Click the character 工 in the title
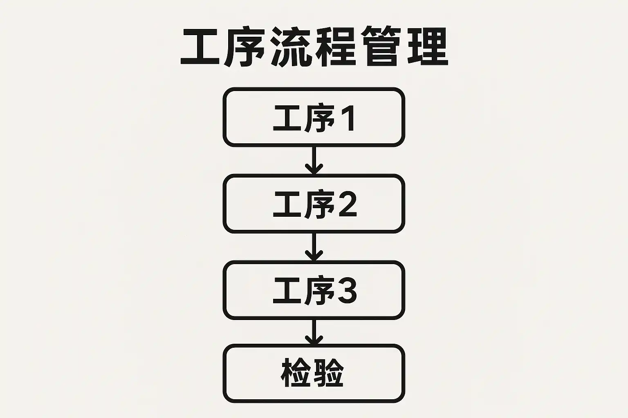point(200,47)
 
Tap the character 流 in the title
point(290,47)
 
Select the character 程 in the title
point(336,47)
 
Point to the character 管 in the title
point(382,47)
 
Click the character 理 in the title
point(428,47)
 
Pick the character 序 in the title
point(245,47)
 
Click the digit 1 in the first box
point(348,119)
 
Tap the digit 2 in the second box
point(348,204)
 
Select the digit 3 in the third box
point(348,290)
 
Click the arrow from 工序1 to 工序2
point(314,160)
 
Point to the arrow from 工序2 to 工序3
point(314,247)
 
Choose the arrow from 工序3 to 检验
point(314,332)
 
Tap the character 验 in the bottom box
point(329,373)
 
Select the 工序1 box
point(314,117)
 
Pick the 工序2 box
point(314,204)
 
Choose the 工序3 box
point(314,290)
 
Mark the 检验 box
point(314,373)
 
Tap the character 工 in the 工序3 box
point(288,290)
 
